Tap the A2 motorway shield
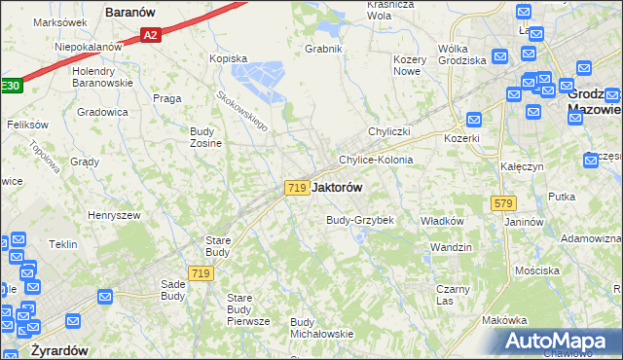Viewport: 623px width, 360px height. click(x=150, y=35)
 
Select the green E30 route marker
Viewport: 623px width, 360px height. click(x=9, y=86)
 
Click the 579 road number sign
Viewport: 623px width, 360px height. click(x=502, y=203)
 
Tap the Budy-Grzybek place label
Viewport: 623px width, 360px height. click(x=359, y=220)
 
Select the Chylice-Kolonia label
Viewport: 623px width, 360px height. click(x=376, y=160)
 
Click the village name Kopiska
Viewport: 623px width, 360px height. click(x=230, y=58)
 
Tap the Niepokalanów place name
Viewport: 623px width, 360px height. click(x=89, y=46)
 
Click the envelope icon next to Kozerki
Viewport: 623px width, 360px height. click(x=474, y=120)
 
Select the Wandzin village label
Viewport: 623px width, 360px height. click(x=451, y=247)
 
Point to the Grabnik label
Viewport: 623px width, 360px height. click(x=323, y=49)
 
